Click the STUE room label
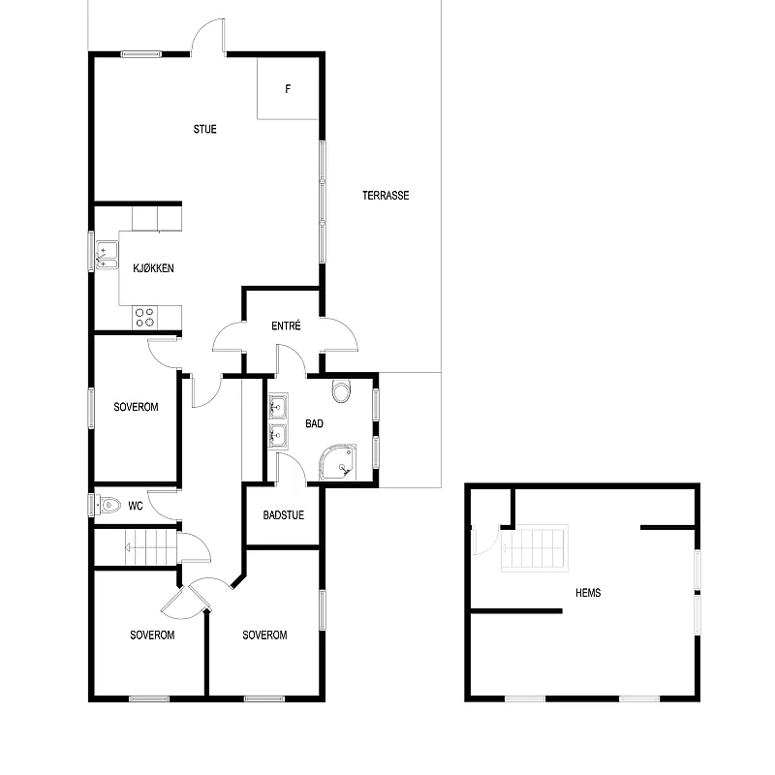point(204,129)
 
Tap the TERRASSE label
point(386,196)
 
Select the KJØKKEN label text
point(153,268)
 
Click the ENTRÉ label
point(286,326)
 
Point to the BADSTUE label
point(283,515)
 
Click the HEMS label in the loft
point(587,593)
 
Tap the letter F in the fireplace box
point(288,90)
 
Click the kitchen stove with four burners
point(144,316)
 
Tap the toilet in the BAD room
point(341,392)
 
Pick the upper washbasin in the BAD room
point(278,405)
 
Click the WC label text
point(137,506)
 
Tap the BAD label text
point(314,424)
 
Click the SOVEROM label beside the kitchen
point(135,407)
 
